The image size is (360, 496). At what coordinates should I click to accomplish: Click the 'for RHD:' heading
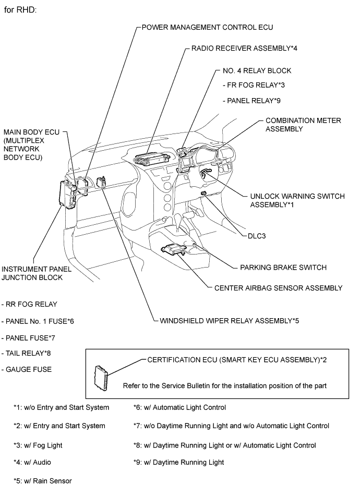pyautogui.click(x=20, y=10)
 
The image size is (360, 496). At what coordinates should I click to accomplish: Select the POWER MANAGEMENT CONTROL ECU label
pyautogui.click(x=208, y=27)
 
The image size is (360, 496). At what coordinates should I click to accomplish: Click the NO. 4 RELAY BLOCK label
pyautogui.click(x=257, y=70)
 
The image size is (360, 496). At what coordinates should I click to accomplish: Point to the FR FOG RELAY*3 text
pyautogui.click(x=253, y=85)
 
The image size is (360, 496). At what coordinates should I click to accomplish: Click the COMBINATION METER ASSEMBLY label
pyautogui.click(x=303, y=125)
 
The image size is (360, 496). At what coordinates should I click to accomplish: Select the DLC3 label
pyautogui.click(x=257, y=236)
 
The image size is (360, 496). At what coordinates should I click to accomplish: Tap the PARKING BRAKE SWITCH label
pyautogui.click(x=283, y=268)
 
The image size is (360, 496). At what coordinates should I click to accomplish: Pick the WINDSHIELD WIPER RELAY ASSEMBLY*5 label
pyautogui.click(x=229, y=320)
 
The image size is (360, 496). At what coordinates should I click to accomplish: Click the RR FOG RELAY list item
pyautogui.click(x=30, y=304)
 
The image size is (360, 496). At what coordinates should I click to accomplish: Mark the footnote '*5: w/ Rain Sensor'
pyautogui.click(x=43, y=481)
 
